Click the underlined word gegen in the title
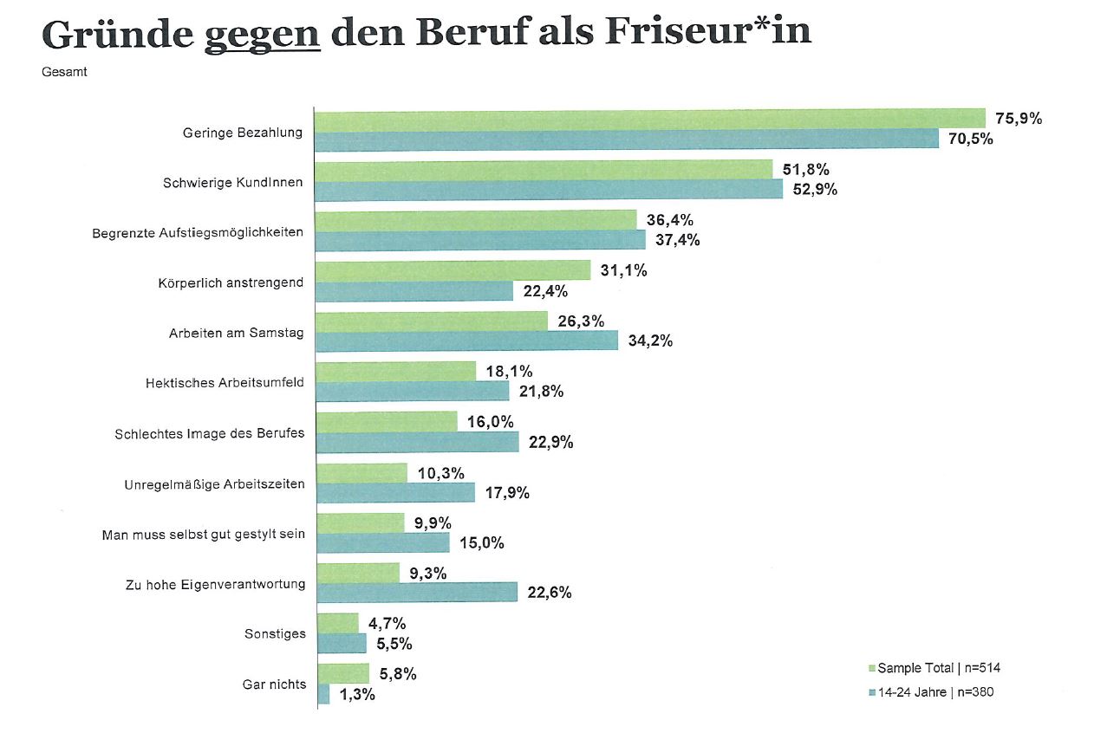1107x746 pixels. (263, 35)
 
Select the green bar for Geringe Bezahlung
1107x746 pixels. (649, 119)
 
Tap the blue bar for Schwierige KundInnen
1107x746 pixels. (548, 190)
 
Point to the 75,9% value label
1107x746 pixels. (1019, 119)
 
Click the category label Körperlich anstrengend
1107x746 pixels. (231, 283)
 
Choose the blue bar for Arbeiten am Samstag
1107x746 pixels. (466, 341)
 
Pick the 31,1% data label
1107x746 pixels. (624, 270)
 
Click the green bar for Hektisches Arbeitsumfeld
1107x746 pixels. (395, 372)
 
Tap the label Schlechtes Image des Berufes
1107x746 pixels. (209, 433)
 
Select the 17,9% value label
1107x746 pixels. (508, 493)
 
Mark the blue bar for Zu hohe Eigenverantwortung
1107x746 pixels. (417, 593)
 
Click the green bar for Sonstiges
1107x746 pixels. (337, 623)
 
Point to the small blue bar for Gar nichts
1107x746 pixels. (323, 694)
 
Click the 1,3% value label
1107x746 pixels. (357, 694)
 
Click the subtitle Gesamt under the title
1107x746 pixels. (64, 72)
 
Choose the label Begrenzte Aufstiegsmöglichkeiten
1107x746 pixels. (198, 233)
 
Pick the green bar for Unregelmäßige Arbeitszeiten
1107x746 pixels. (361, 473)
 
